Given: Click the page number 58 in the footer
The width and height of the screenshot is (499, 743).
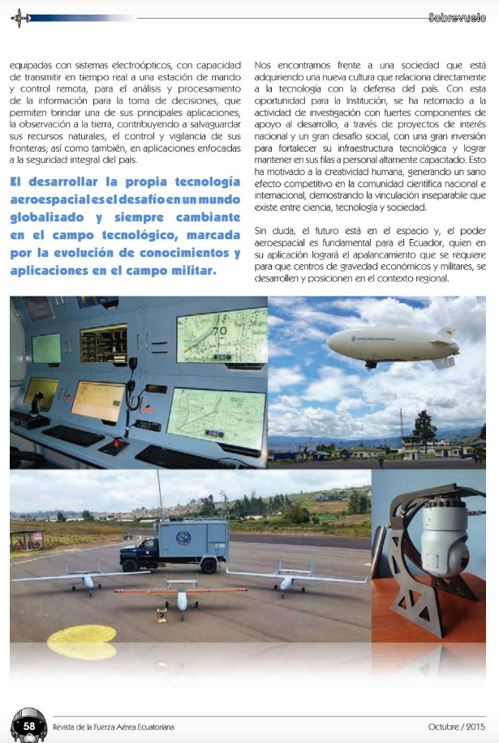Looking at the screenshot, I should tap(28, 726).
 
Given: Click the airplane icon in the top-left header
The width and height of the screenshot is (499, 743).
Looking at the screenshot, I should tap(22, 17).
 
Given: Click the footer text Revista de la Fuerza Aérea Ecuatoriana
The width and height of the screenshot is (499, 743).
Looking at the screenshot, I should tap(113, 727).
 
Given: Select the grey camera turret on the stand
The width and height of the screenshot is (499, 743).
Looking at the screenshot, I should tap(443, 538).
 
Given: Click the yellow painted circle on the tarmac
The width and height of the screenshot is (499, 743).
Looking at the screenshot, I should tap(81, 641).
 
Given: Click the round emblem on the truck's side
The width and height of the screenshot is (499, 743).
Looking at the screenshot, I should tap(184, 537).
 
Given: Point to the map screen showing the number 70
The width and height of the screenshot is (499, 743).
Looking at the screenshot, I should tap(221, 334).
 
